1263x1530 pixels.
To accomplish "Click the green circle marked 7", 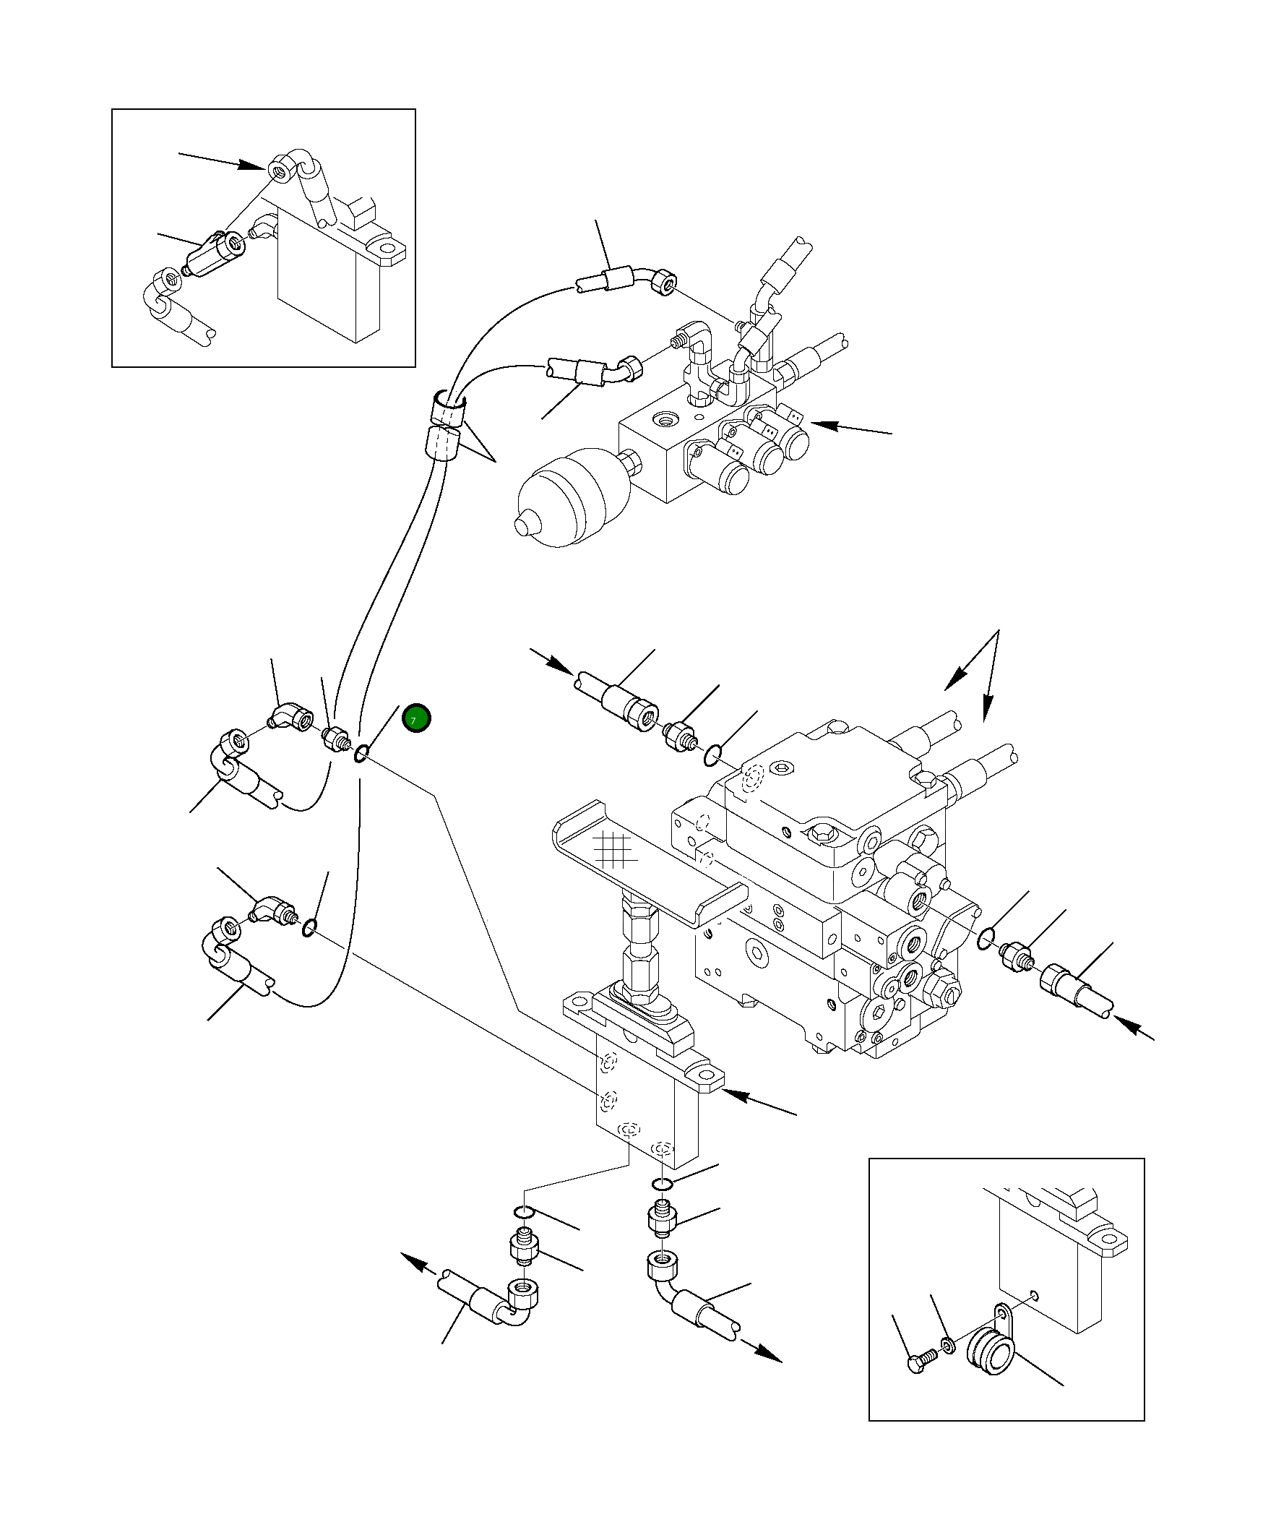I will click(x=416, y=720).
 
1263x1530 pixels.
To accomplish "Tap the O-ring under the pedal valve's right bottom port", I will click(x=661, y=1185).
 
